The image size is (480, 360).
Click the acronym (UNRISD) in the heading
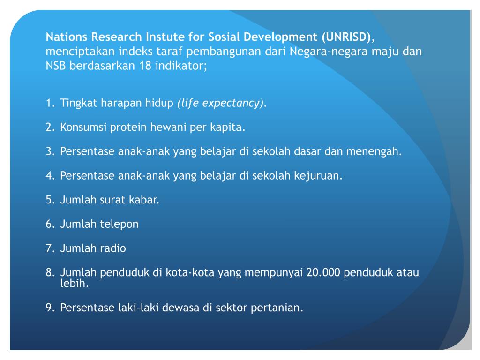pyautogui.click(x=347, y=37)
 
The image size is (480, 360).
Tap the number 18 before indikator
pyautogui.click(x=144, y=66)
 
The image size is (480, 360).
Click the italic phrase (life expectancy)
pyautogui.click(x=220, y=103)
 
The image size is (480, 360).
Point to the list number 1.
pyautogui.click(x=50, y=103)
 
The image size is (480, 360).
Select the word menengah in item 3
pyautogui.click(x=380, y=152)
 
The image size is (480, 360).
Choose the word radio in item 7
pyautogui.click(x=112, y=248)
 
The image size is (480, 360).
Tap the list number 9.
pyautogui.click(x=50, y=308)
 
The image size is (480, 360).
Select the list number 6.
pyautogui.click(x=50, y=224)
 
